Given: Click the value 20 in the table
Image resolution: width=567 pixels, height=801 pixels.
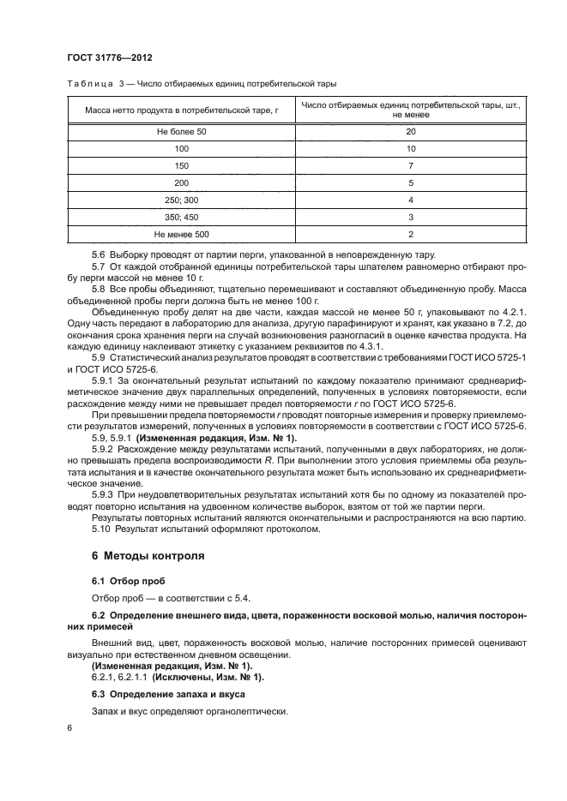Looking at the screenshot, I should click(410, 132).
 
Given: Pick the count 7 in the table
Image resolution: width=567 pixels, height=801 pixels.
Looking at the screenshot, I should click(410, 165).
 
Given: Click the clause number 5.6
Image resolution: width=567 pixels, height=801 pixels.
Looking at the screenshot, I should click(99, 255).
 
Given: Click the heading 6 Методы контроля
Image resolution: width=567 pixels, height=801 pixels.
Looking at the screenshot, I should click(148, 555).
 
